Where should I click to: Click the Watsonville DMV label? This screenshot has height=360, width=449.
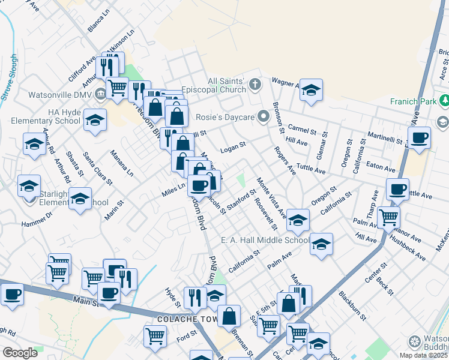[59, 95]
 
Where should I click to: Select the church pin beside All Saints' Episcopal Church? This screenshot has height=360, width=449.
[255, 84]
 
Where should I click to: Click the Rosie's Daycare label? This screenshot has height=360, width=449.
[229, 116]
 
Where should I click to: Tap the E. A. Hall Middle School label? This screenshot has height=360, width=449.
[265, 241]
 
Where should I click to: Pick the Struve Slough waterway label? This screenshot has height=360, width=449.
[10, 78]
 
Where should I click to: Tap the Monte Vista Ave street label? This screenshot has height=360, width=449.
[271, 197]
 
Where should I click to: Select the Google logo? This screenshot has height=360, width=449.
[20, 353]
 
